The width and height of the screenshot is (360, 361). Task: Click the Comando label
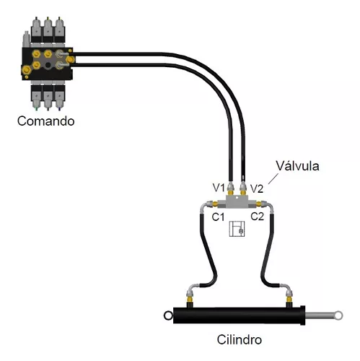pos(45,121)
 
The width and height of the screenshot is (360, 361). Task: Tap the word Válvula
pos(297,166)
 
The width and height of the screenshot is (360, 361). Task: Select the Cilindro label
pos(240,339)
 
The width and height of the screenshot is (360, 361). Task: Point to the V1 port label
pos(219,188)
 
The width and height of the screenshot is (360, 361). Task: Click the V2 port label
pos(257,188)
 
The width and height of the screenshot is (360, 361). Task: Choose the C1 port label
pos(218,217)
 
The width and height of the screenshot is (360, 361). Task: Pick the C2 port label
pos(258,217)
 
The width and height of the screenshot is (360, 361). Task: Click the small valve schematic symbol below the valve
pos(237,229)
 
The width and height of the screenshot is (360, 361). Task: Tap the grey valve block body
pos(237,201)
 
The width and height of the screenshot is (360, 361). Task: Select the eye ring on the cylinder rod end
pos(338,316)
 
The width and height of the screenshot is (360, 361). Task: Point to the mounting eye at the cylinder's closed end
pos(168,316)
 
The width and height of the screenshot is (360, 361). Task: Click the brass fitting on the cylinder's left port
pos(190,300)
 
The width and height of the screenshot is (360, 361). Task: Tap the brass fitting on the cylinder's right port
pos(289,300)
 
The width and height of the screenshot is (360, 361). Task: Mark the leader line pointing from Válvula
pos(273,178)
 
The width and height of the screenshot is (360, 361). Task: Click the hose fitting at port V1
pos(230,188)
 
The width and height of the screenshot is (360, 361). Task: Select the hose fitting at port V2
pos(243,188)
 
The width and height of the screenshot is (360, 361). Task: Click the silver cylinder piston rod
pos(320,316)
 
